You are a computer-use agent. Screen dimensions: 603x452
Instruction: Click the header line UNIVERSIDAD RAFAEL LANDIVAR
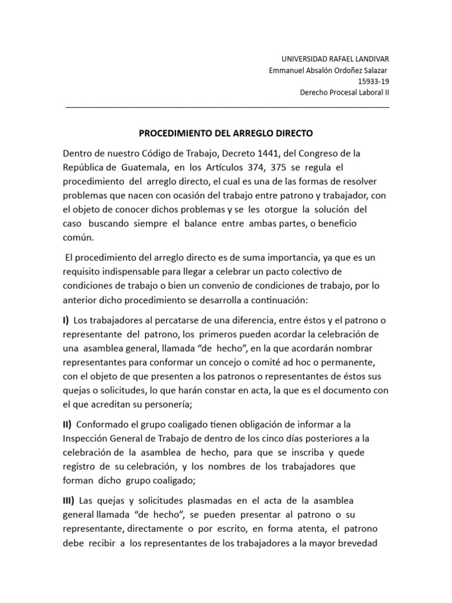(333, 59)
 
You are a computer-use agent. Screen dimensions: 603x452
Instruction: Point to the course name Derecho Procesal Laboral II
(344, 93)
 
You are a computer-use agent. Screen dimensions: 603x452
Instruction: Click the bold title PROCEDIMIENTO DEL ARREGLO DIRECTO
(227, 133)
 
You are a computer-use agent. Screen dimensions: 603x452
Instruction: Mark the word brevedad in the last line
(367, 544)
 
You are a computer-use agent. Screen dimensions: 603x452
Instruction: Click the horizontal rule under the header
(227, 107)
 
